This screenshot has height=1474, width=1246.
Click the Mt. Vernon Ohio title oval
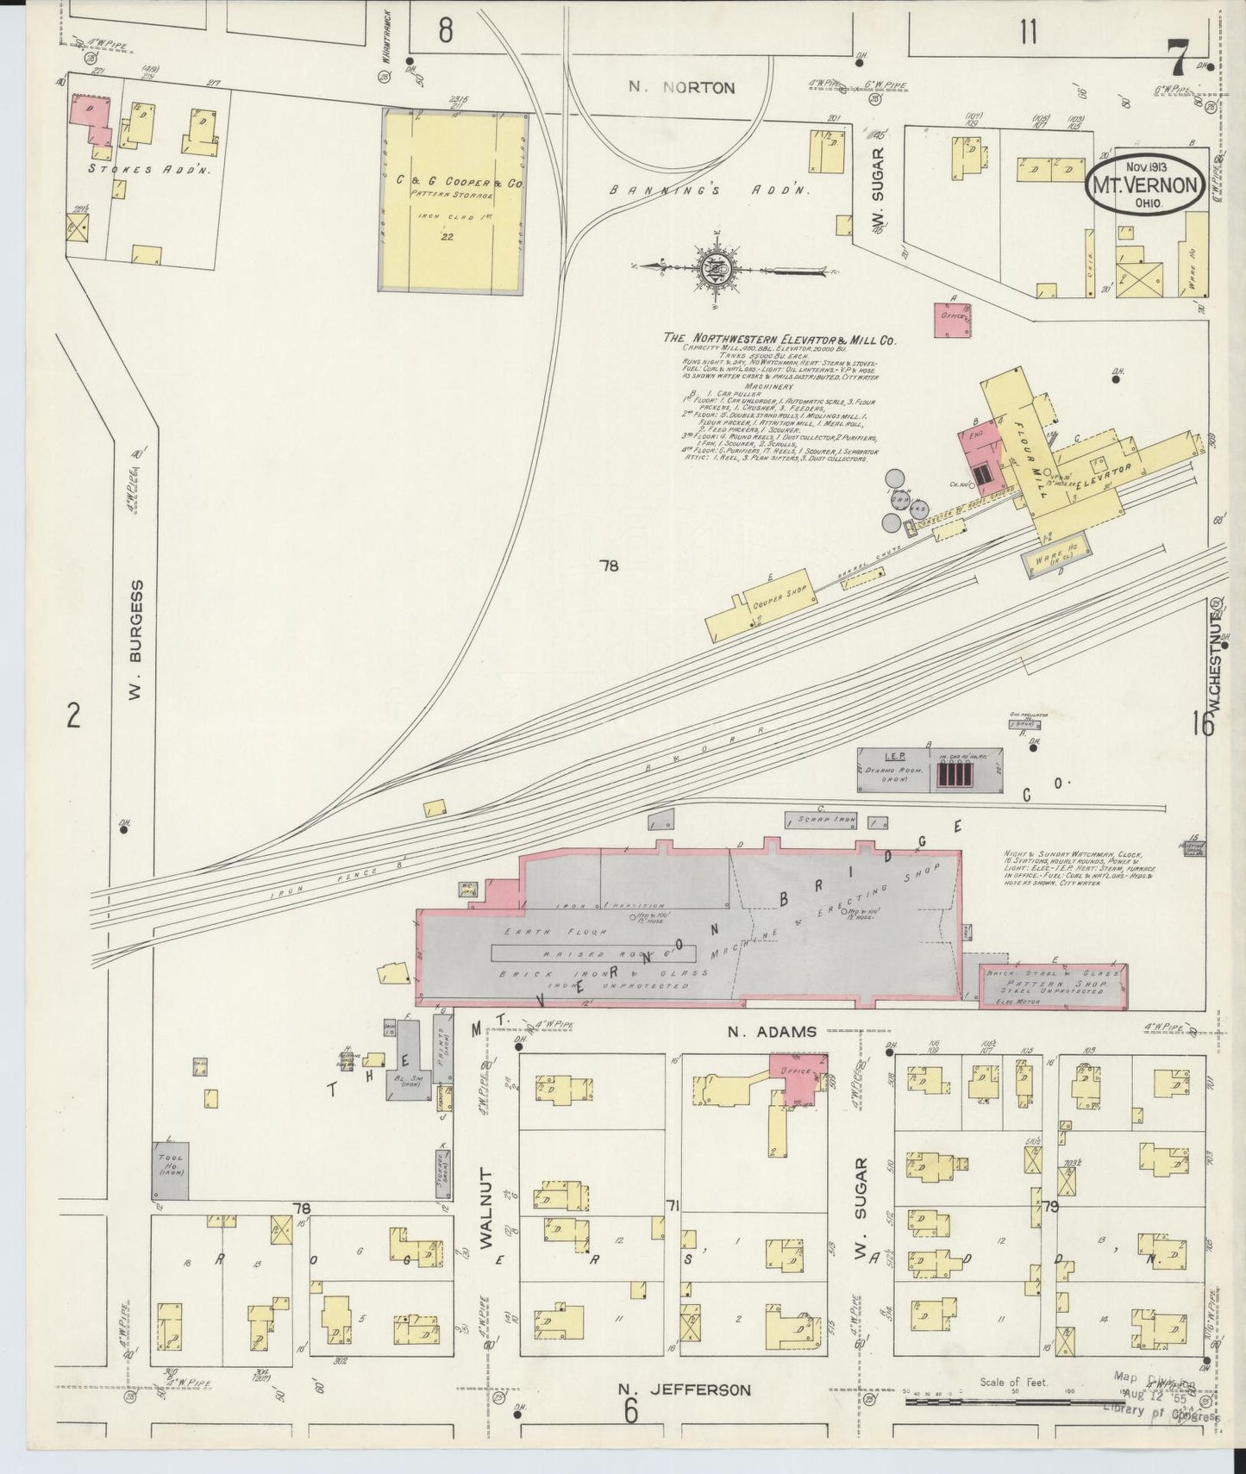1144,184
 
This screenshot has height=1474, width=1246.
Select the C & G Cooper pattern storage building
454,203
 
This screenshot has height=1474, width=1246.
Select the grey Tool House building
171,1170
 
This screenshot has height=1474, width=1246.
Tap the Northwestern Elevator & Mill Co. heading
780,340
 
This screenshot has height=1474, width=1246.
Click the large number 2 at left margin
74,715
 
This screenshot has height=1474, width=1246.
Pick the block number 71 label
673,1205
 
